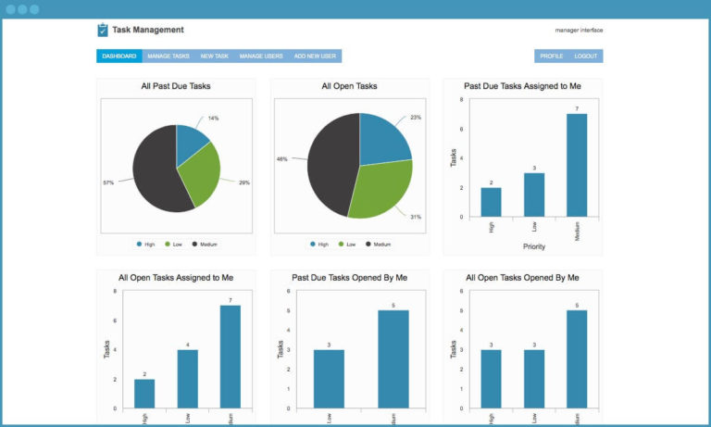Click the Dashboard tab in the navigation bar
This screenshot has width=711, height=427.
point(118,57)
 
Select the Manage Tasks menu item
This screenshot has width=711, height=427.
point(168,57)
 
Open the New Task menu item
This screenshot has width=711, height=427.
point(215,57)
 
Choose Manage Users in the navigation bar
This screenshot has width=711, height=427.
point(261,57)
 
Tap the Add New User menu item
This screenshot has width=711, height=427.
point(315,57)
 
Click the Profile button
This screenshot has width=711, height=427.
point(552,57)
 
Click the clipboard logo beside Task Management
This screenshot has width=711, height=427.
point(102,30)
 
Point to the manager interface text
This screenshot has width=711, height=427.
point(579,30)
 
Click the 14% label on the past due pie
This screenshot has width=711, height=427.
point(213,119)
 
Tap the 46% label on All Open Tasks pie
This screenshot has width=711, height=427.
point(281,158)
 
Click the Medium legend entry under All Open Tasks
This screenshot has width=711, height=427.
point(379,245)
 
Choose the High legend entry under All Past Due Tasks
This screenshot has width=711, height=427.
point(145,245)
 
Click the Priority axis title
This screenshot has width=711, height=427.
point(534,247)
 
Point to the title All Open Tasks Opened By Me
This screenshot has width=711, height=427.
point(522,277)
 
